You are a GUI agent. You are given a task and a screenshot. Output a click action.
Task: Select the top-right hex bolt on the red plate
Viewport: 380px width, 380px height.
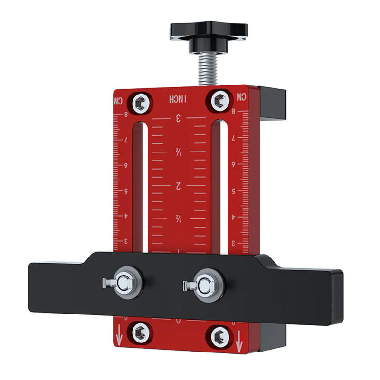coord(219,101)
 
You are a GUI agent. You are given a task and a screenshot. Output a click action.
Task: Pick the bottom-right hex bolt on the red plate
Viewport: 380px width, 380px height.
coord(220,336)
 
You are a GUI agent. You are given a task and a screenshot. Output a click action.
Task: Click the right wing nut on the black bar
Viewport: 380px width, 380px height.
coord(203,284)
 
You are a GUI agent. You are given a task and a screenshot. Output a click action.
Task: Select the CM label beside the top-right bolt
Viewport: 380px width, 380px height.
coord(242,97)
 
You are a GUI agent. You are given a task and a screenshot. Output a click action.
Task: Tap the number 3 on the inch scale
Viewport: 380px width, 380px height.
coord(179,119)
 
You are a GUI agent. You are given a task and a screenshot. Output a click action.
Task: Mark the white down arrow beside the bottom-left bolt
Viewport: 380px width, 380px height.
coord(119,339)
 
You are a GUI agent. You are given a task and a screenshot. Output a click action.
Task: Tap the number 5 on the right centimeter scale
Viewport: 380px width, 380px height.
coord(233,191)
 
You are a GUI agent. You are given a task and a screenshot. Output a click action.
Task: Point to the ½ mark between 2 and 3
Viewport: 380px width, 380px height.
coord(179,152)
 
